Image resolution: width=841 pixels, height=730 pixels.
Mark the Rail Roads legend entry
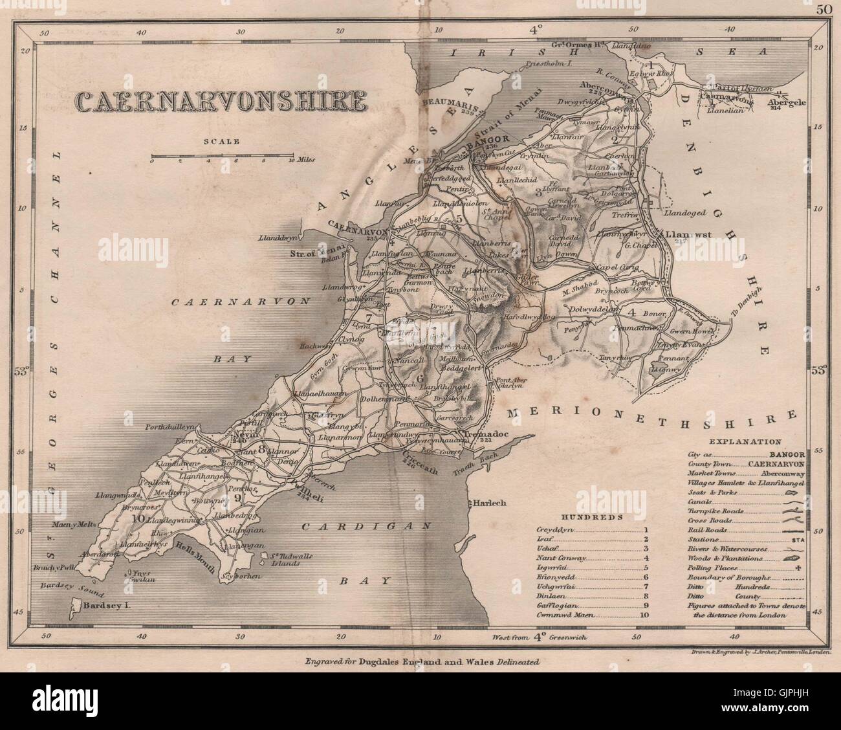[706, 530]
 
